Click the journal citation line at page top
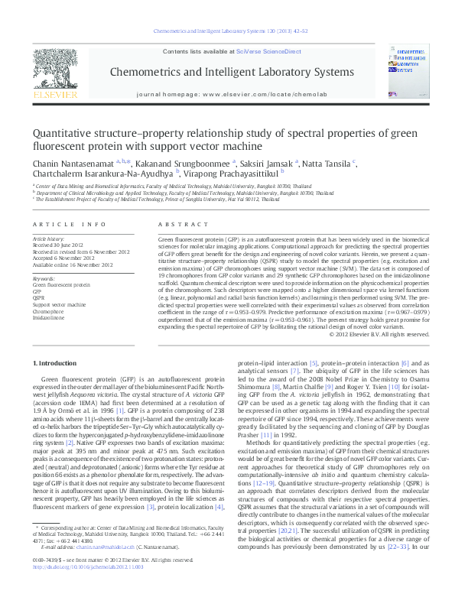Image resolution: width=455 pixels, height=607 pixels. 226,33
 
